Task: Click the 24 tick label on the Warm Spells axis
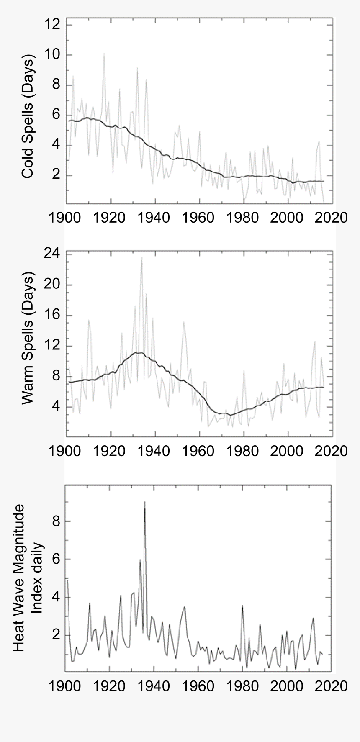click(52, 254)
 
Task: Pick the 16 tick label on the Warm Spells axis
click(52, 316)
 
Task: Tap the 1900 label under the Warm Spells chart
click(66, 451)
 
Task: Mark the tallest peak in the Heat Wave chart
click(145, 502)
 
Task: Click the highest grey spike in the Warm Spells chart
click(141, 258)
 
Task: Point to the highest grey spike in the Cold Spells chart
click(104, 54)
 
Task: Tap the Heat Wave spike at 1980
click(242, 606)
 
